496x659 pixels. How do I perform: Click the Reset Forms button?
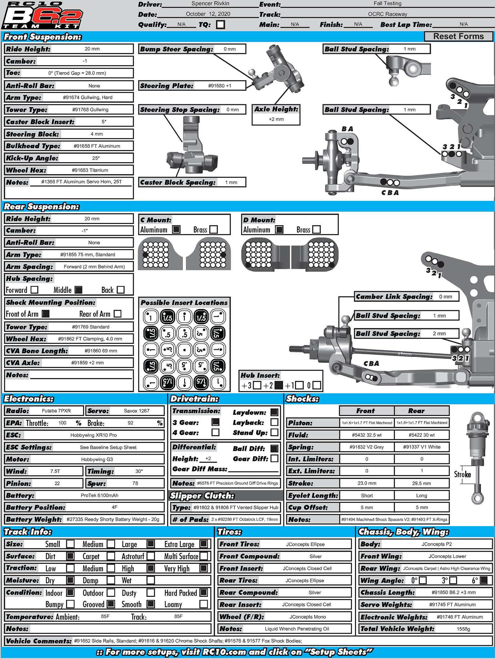(458, 36)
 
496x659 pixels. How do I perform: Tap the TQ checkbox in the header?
(220, 24)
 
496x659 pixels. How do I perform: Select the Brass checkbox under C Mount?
(214, 230)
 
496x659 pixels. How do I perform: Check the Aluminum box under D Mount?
(279, 230)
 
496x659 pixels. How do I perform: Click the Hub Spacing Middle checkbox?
(79, 290)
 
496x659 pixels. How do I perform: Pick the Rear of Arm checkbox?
(117, 314)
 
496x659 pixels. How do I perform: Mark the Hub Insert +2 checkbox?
(279, 385)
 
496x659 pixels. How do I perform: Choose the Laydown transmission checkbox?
(274, 412)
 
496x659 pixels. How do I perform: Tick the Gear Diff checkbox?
(274, 459)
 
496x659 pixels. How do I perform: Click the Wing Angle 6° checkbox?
(483, 580)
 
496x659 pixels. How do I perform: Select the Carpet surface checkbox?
(111, 556)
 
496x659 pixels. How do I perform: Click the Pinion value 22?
(57, 483)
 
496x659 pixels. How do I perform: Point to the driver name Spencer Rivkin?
(210, 4)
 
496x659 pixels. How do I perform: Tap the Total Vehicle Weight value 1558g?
(463, 629)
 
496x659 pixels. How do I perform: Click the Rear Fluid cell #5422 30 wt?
(422, 435)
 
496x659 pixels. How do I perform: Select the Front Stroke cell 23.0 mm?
(367, 483)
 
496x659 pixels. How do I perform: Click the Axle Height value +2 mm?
(276, 119)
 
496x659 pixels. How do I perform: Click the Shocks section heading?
(302, 399)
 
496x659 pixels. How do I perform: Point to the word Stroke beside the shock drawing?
(462, 474)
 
